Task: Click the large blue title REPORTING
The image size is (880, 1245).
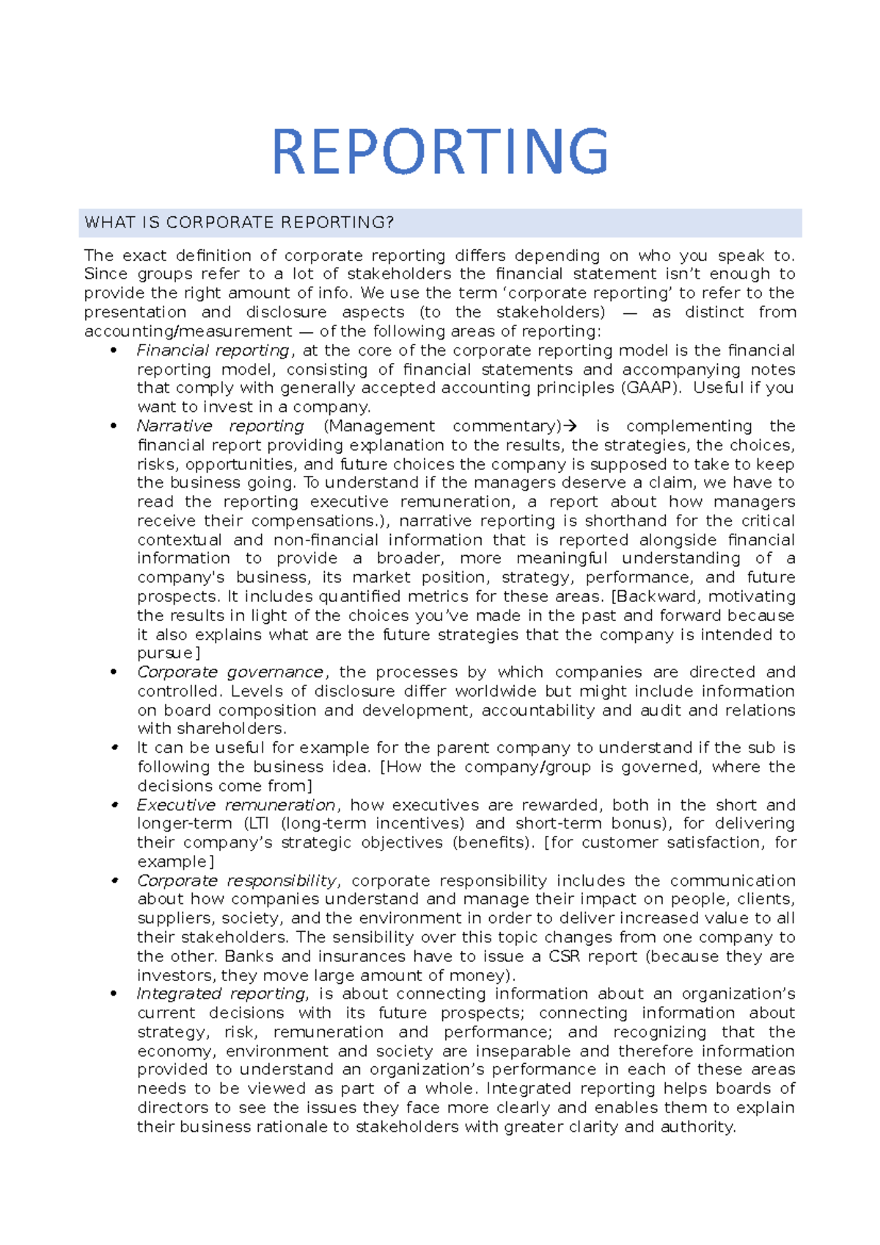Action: (x=440, y=152)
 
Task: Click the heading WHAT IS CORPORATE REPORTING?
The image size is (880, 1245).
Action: (x=240, y=223)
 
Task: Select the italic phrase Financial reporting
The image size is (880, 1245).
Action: (x=213, y=350)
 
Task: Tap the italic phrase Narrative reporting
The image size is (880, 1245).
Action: (x=220, y=427)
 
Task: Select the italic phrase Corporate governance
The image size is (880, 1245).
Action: (x=230, y=672)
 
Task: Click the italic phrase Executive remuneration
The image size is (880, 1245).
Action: (x=236, y=805)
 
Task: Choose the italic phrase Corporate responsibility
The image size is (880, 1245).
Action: (x=237, y=881)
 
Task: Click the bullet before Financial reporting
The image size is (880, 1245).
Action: (x=113, y=350)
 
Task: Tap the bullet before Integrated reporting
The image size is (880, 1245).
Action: (x=113, y=994)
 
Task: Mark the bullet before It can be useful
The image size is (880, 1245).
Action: (x=114, y=748)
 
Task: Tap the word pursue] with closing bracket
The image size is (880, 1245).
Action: (x=169, y=653)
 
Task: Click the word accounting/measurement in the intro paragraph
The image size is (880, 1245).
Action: (x=188, y=331)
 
